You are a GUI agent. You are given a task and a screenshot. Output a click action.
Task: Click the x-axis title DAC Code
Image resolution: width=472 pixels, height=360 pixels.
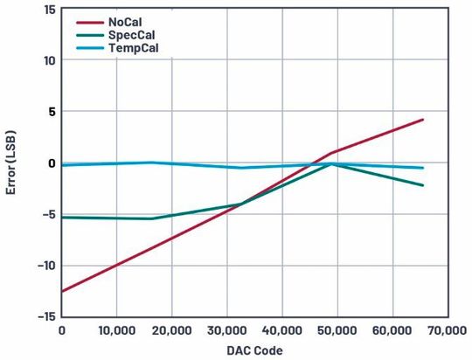pyautogui.click(x=254, y=350)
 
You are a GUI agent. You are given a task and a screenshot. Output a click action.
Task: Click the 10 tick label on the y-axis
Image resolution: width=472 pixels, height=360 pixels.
pyautogui.click(x=48, y=60)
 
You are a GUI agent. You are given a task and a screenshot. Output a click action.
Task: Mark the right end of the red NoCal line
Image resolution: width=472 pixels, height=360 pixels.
pyautogui.click(x=423, y=120)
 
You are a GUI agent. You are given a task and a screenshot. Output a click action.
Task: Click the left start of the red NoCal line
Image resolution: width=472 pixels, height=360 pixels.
pyautogui.click(x=62, y=291)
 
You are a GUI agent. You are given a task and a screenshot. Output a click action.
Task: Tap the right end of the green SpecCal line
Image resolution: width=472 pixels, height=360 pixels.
pyautogui.click(x=423, y=185)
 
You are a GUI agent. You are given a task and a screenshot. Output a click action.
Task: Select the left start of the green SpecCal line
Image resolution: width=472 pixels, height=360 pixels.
pyautogui.click(x=62, y=217)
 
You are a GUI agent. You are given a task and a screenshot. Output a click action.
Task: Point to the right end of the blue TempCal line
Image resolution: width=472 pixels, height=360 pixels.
pyautogui.click(x=423, y=168)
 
